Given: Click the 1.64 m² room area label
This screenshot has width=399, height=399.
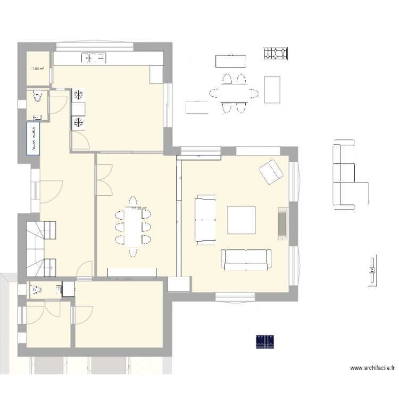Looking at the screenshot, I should pyautogui.click(x=38, y=68).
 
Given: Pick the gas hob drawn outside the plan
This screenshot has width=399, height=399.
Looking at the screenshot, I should pyautogui.click(x=276, y=53).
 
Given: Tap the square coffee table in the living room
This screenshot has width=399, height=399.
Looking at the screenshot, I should pyautogui.click(x=242, y=220).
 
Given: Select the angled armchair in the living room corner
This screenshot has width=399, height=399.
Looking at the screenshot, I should pyautogui.click(x=271, y=171).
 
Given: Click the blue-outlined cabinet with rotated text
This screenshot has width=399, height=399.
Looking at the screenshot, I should pyautogui.click(x=34, y=139).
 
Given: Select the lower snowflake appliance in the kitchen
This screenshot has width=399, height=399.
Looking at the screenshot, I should pyautogui.click(x=78, y=123).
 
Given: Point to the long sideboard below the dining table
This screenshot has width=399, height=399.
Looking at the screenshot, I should pyautogui.click(x=132, y=272).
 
